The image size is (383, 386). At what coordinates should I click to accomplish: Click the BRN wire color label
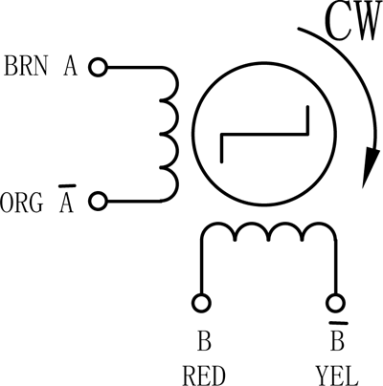[26, 66]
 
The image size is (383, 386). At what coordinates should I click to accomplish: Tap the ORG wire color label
[21, 203]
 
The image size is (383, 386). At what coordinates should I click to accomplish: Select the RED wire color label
[204, 375]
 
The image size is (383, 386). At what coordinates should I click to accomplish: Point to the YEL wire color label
[336, 375]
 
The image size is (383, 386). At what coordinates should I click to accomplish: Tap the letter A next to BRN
[70, 66]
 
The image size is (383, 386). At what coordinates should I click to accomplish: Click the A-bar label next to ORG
[67, 199]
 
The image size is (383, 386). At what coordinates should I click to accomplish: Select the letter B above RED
[204, 341]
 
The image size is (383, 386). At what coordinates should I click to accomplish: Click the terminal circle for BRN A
[98, 68]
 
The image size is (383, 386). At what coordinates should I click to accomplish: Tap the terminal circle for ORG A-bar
[98, 202]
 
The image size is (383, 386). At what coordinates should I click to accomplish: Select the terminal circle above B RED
[201, 302]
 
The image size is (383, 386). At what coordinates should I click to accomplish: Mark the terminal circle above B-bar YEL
[335, 302]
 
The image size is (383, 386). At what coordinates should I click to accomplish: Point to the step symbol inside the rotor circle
[264, 134]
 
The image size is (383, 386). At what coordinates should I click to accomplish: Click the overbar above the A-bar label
[67, 185]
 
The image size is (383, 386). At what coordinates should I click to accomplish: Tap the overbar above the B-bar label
[338, 323]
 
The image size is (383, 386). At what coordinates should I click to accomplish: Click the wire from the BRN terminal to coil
[134, 68]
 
